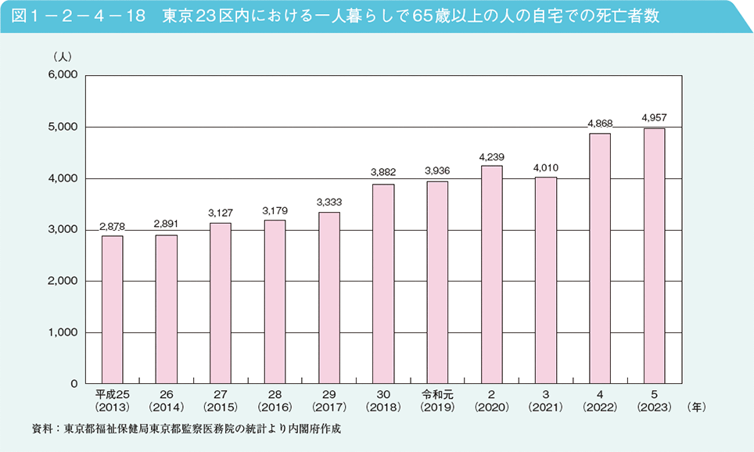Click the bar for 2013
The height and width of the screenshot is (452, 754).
tap(112, 310)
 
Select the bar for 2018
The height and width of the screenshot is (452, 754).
tap(383, 284)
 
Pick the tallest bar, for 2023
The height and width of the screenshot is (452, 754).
tap(654, 256)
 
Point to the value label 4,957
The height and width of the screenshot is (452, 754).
tap(654, 117)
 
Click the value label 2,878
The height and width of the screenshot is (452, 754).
tap(112, 226)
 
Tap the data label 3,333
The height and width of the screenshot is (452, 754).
tap(329, 202)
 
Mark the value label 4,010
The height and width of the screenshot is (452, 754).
tap(545, 167)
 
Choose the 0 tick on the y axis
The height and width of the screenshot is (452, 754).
tap(71, 384)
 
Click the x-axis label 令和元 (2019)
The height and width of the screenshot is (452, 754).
tap(437, 400)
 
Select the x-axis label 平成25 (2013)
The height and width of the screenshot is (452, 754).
tap(112, 400)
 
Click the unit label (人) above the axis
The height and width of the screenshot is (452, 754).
tap(62, 57)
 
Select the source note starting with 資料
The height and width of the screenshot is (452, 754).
tap(187, 429)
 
